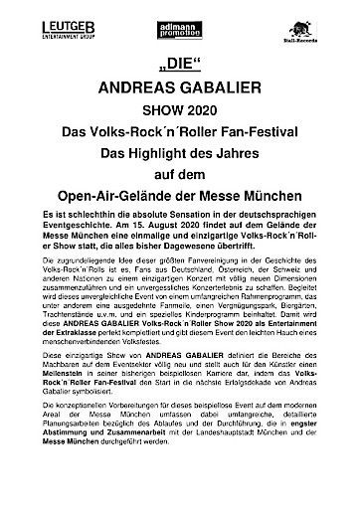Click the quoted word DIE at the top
click(x=180, y=67)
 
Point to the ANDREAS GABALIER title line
click(x=180, y=89)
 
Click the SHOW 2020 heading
click(x=180, y=111)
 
